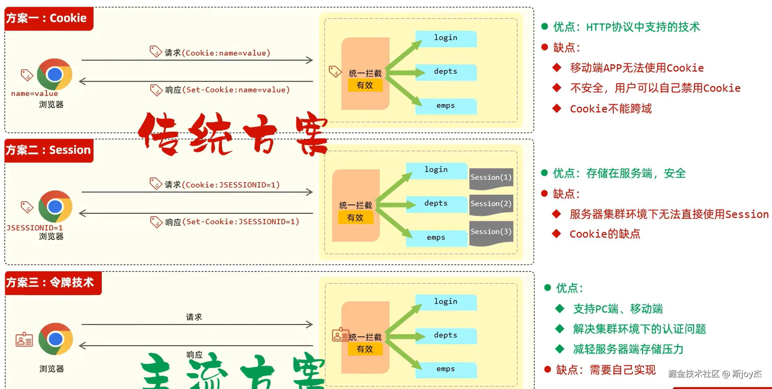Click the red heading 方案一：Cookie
(49, 18)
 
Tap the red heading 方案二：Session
(49, 150)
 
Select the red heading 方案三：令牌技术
(53, 283)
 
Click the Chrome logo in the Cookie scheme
(55, 74)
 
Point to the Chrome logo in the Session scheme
(55, 206)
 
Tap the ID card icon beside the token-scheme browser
(24, 340)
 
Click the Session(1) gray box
(491, 178)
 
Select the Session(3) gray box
(491, 233)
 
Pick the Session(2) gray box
(491, 205)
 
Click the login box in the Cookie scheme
(446, 38)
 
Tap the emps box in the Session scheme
(436, 238)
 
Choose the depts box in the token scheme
(446, 336)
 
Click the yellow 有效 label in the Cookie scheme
(365, 85)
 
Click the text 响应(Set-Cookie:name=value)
(227, 90)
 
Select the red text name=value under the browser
(35, 93)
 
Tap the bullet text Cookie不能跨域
(611, 109)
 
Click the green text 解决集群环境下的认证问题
(639, 329)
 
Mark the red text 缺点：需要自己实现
(606, 370)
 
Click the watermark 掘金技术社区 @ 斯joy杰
(715, 374)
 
